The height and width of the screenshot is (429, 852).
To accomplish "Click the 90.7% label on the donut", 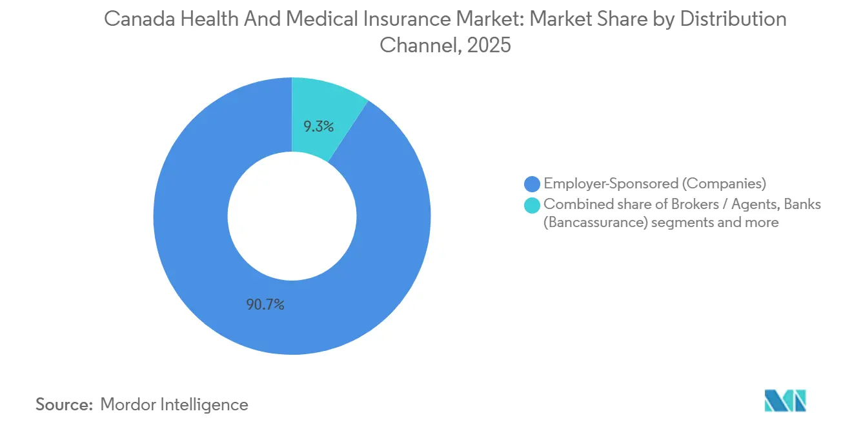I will coord(265,304).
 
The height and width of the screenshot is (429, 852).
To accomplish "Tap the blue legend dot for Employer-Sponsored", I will coord(532,184).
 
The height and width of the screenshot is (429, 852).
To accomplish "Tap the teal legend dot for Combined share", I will coord(532,205).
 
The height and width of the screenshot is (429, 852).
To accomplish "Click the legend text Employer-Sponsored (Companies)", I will coord(654,184).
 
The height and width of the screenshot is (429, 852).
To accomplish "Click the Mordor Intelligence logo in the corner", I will coord(785,401).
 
